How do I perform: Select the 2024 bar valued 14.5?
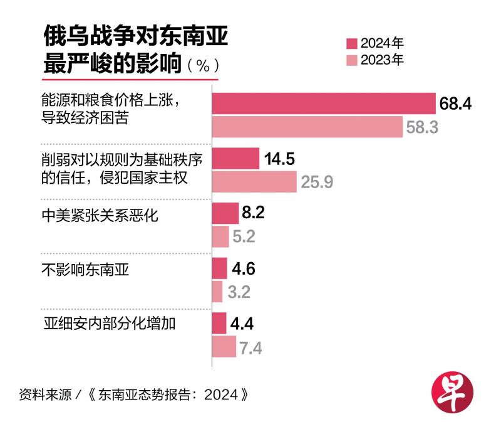pyautogui.click(x=236, y=159)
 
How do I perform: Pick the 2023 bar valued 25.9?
pyautogui.click(x=255, y=182)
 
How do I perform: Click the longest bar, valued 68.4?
pyautogui.click(x=324, y=104)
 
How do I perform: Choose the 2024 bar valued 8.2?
pyautogui.click(x=226, y=213)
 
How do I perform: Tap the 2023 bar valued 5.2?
pyautogui.click(x=221, y=236)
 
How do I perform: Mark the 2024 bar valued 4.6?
pyautogui.click(x=220, y=268)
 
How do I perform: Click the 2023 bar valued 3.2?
pyautogui.click(x=218, y=292)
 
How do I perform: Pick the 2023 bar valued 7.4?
pyautogui.click(x=224, y=346)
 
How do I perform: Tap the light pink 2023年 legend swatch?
pyautogui.click(x=352, y=60)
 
